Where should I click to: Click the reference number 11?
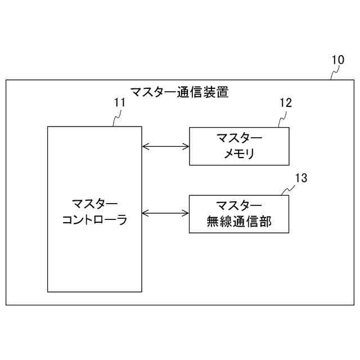pos(119,102)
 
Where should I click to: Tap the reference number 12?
pos(286,102)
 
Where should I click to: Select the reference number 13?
pos(301,178)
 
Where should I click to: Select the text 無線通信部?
pos(239,222)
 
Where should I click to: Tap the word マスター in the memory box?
pos(239,138)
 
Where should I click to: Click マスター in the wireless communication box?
pos(239,205)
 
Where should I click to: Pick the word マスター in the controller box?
pos(94,204)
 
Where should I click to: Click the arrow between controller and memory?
pos(165,147)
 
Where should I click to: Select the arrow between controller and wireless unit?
pos(165,213)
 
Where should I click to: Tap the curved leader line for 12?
pos(282,118)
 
